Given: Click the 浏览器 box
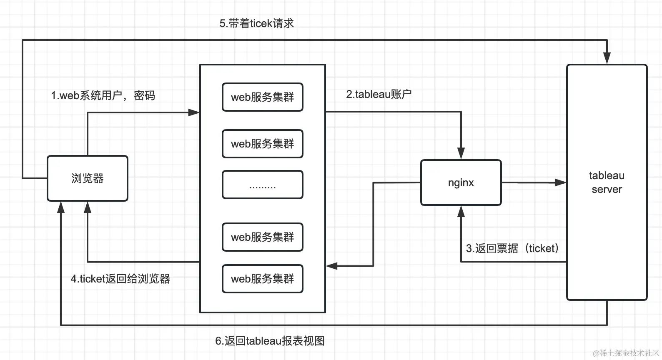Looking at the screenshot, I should coord(88,178).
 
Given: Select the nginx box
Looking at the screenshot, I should coord(461,182).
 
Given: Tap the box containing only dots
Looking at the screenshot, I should coord(263,185).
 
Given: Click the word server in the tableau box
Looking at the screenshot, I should coord(607,190).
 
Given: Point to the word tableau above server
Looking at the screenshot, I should coord(607,175).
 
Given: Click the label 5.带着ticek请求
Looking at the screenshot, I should coord(256,23).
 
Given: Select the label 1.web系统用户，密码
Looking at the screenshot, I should coord(103,95).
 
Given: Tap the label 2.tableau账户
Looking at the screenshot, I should coord(379,94).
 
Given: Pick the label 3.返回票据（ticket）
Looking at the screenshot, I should coord(512,248).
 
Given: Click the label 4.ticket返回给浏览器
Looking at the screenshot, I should coord(120,279).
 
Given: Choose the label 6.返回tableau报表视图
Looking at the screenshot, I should coord(270,341).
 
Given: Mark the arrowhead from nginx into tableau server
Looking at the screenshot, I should coord(560,182).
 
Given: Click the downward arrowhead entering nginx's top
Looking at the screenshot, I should coord(461,153).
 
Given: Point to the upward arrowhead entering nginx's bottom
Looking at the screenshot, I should coord(461,212).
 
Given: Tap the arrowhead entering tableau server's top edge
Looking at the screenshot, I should coord(607,58).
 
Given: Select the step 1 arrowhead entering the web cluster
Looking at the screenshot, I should coord(194,112).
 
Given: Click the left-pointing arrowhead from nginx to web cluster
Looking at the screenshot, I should coord(332,266).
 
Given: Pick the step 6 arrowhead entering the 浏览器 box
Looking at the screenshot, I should coord(61,207).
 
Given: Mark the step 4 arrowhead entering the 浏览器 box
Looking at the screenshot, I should coord(88,207).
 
